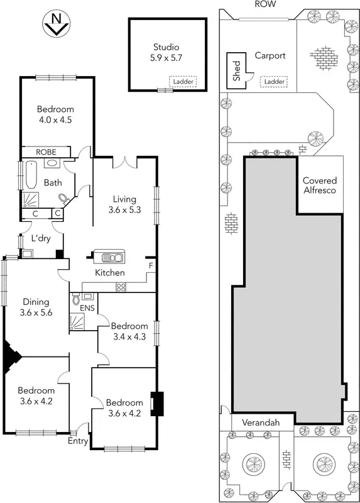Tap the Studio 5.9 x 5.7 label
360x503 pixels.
coord(166,52)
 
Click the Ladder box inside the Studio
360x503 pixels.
coord(182,81)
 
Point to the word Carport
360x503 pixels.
coord(270,55)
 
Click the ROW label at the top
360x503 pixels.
coord(262,4)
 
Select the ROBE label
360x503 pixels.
coord(45,152)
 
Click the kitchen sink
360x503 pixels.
coord(109,257)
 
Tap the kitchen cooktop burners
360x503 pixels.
coord(121,287)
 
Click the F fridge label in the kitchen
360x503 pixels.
coord(150,266)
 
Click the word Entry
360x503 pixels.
coord(78,441)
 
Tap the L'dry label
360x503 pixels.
coord(41,239)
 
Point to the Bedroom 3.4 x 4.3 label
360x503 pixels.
coord(128,331)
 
